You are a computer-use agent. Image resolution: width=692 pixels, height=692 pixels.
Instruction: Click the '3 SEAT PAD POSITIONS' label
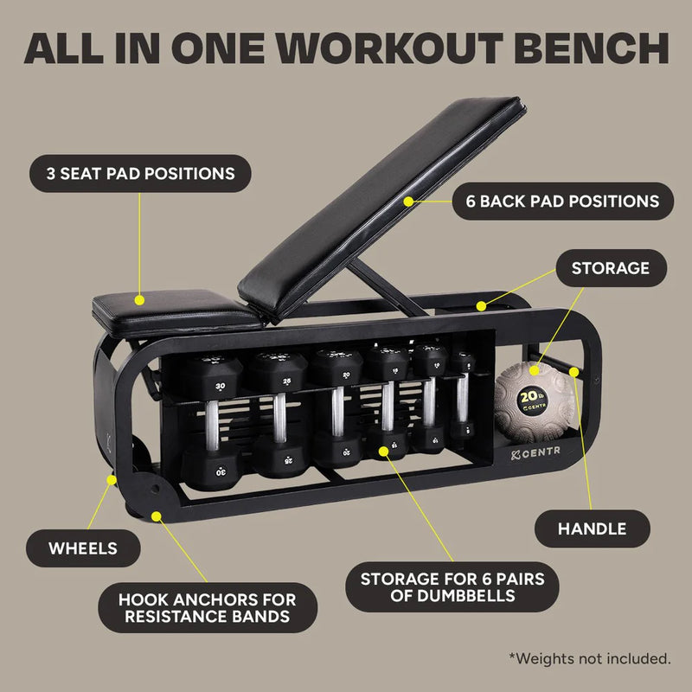coord(141,173)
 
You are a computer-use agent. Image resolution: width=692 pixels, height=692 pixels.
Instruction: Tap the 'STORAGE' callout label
coord(610,268)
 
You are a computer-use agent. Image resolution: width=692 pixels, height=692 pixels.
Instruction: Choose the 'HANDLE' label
coord(593,528)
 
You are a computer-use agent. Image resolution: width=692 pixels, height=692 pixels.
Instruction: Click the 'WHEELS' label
coord(83,548)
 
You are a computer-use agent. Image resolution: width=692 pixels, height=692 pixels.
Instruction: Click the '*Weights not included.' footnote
coord(591,659)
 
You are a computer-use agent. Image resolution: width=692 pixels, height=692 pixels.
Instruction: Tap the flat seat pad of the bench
coord(173,310)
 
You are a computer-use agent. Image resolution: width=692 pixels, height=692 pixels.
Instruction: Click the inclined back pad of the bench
coord(381,208)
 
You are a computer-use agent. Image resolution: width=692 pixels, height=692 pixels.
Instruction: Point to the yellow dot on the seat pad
coord(139,300)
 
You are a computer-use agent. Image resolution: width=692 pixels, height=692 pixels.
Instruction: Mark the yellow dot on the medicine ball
coord(534,369)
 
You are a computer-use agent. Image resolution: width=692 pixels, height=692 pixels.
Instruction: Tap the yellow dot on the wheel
coord(111,476)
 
